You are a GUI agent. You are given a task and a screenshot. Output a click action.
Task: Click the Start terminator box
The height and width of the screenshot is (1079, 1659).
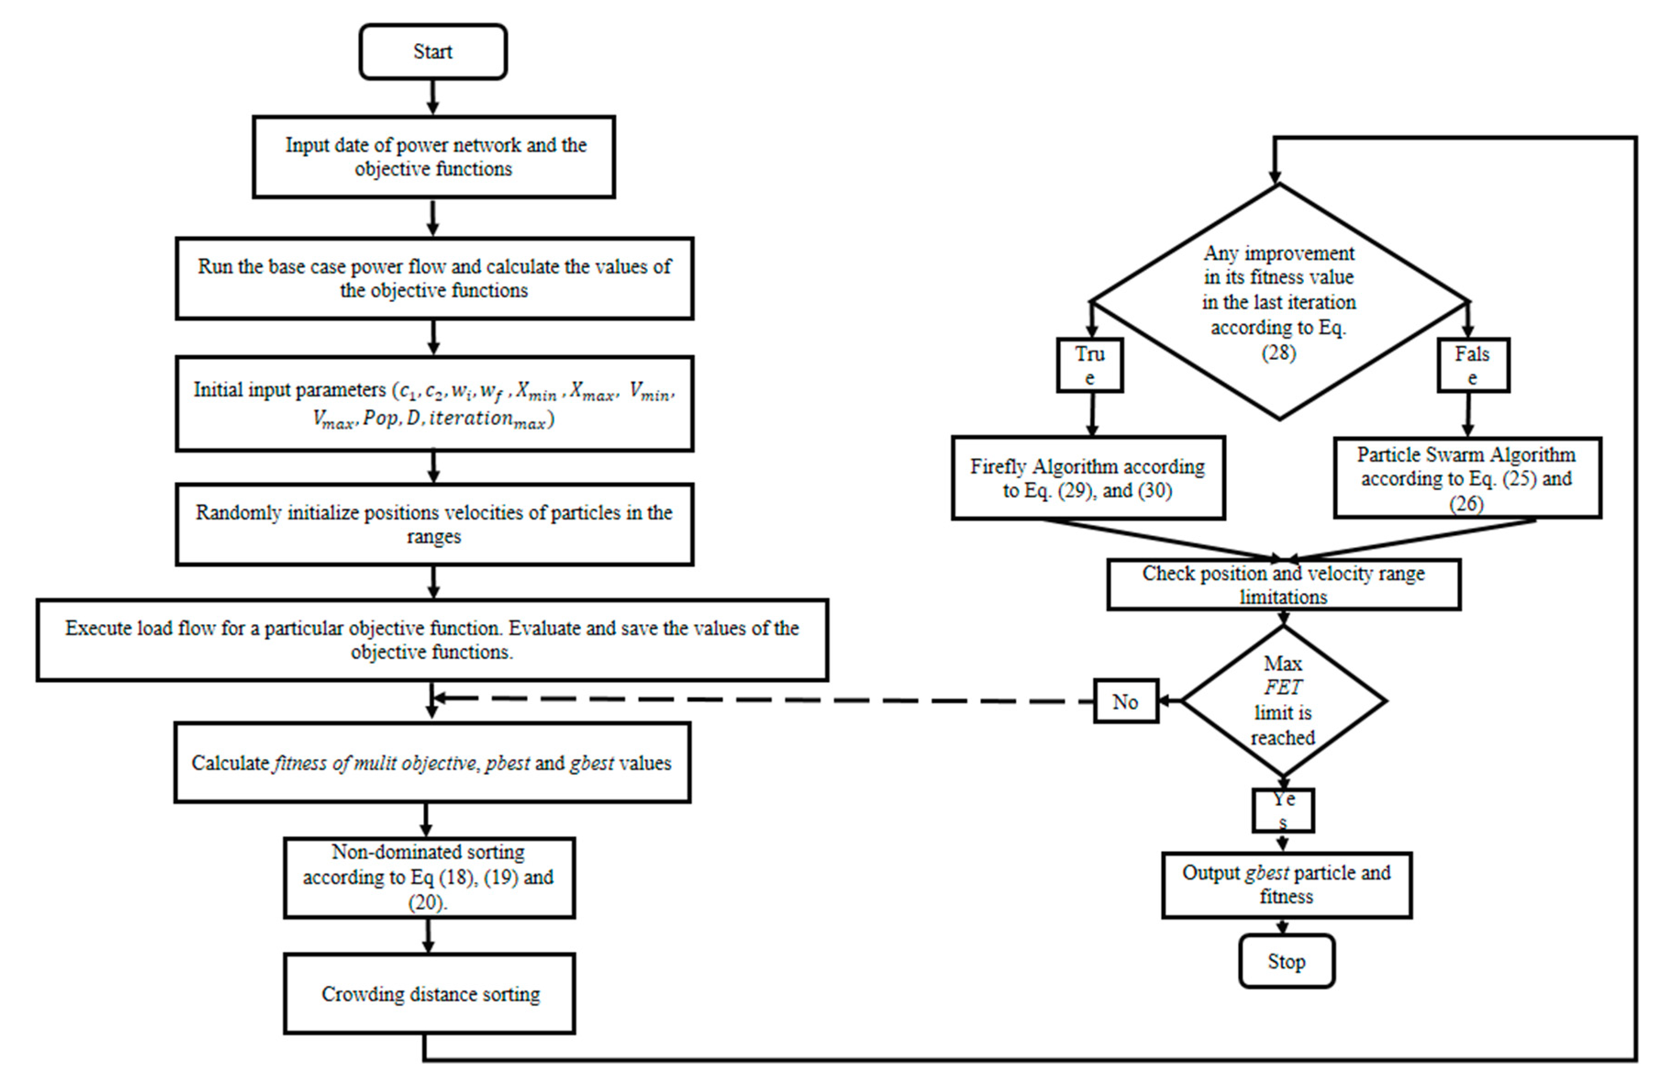(x=433, y=51)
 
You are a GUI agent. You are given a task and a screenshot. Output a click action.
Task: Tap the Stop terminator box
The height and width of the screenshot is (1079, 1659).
(x=1286, y=961)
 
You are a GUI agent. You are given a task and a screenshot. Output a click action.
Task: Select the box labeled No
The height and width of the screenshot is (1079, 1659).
(x=1125, y=702)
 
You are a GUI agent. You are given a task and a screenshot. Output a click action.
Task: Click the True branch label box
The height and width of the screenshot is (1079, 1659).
(x=1089, y=365)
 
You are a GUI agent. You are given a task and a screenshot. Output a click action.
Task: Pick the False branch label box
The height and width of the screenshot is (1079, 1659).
(x=1473, y=365)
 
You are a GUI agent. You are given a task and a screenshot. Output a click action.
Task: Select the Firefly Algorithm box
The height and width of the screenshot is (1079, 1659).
(x=1088, y=478)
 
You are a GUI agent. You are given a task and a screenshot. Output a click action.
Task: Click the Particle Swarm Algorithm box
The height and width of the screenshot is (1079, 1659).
(x=1467, y=478)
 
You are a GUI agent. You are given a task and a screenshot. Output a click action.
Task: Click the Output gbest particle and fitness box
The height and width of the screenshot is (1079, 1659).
(x=1286, y=884)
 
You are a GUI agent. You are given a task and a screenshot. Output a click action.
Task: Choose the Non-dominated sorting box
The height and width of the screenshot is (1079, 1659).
(x=429, y=877)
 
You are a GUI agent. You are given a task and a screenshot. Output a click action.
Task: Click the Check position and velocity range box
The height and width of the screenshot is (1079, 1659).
(x=1283, y=585)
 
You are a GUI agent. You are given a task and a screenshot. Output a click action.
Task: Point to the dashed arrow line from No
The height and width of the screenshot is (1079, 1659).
(x=767, y=699)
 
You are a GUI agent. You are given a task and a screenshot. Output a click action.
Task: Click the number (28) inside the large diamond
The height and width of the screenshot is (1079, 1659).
(x=1278, y=352)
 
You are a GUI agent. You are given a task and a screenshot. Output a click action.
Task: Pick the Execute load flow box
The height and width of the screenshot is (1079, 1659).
(x=432, y=640)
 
